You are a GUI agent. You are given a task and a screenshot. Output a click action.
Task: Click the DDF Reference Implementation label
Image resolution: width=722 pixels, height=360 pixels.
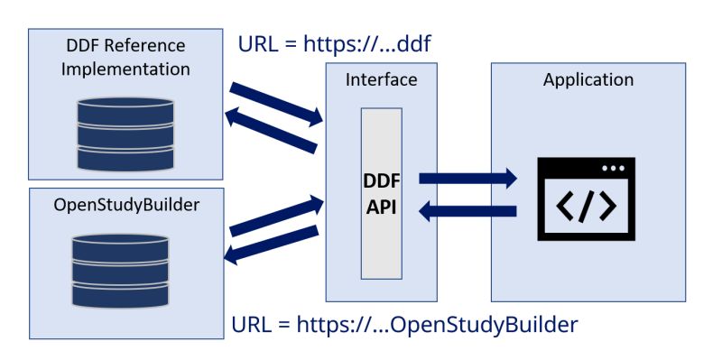point(125,57)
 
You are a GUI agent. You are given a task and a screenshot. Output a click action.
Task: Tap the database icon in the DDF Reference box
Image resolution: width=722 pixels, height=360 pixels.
point(125,134)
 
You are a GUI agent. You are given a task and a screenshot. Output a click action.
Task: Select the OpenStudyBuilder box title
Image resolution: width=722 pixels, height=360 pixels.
point(126,204)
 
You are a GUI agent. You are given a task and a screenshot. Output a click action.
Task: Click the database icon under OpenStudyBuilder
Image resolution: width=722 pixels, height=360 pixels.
point(120,272)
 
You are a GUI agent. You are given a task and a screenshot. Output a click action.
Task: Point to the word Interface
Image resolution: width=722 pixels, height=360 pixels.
point(381,79)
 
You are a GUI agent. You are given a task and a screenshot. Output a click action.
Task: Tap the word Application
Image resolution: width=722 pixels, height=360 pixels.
point(588,79)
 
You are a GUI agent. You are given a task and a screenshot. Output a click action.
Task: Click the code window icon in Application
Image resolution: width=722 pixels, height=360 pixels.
point(586,199)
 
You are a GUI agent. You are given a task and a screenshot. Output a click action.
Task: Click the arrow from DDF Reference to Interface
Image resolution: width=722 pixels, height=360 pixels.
point(276,103)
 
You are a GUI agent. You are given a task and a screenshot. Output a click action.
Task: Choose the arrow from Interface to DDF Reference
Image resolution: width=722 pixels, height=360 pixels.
point(271,130)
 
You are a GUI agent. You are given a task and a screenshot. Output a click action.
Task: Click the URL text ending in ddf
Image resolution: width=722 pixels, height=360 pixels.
point(340,43)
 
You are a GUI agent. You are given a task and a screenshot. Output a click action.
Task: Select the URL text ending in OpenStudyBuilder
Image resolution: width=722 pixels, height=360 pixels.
point(404,323)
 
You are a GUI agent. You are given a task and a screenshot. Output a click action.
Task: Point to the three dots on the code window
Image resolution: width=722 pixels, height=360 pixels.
point(613,169)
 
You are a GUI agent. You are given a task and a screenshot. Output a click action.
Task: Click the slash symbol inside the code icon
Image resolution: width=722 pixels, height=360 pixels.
point(586,207)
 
